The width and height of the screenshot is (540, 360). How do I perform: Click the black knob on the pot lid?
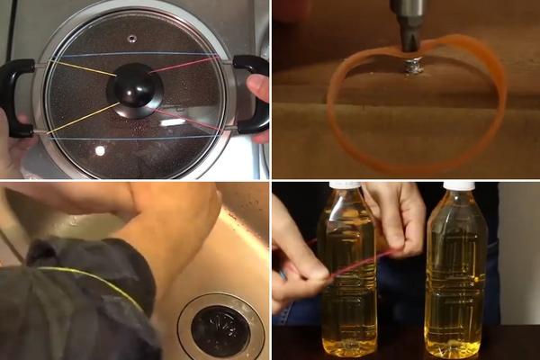(x=135, y=88)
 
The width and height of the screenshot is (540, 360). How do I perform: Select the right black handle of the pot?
(x=251, y=94)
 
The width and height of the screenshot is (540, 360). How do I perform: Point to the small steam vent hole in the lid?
(x=132, y=39)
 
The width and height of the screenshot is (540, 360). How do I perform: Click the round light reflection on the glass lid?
(x=100, y=150)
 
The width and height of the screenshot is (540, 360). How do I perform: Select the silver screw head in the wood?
(x=415, y=65)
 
